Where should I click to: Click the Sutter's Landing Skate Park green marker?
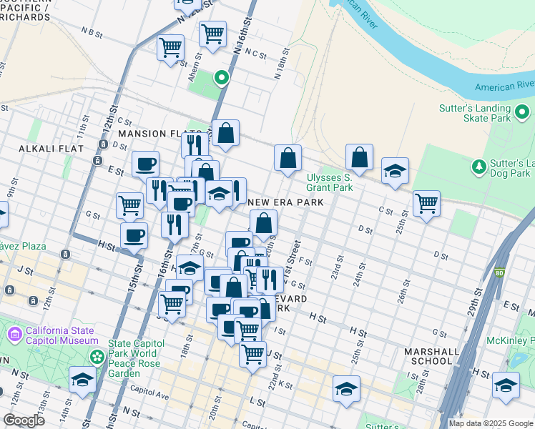click(522, 112)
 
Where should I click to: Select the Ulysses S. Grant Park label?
click(330, 183)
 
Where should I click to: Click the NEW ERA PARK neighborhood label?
click(286, 202)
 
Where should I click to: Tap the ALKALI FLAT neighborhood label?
click(52, 149)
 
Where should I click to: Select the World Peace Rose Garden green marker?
click(94, 355)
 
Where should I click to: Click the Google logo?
click(24, 420)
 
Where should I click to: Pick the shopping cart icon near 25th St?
click(426, 204)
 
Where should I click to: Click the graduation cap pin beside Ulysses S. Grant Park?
click(395, 172)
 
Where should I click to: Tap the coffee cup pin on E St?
click(146, 164)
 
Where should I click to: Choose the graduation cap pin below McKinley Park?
click(506, 385)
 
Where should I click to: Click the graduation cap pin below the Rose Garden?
click(82, 380)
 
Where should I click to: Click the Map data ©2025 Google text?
click(491, 423)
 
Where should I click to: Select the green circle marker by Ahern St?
click(222, 78)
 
